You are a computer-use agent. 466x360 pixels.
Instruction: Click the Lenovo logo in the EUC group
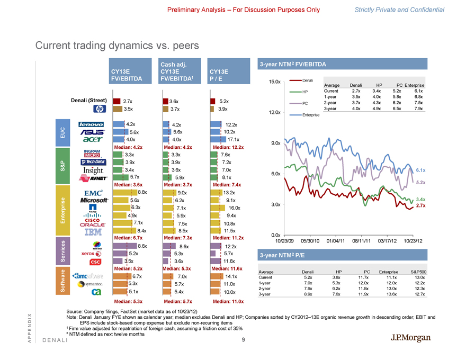click(91, 124)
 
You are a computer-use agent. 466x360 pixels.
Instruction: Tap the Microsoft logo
click(92, 200)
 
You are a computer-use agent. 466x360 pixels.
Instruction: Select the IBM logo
click(94, 231)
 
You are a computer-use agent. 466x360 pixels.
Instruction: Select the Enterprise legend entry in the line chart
click(306, 115)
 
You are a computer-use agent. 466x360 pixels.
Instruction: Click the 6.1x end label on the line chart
click(421, 170)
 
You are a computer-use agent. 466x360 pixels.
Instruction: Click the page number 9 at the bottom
click(242, 339)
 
